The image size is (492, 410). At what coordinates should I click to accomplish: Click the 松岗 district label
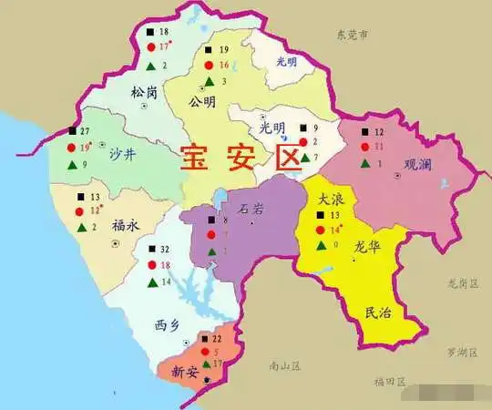pos(144,92)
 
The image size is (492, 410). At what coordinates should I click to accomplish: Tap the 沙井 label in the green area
pos(122,156)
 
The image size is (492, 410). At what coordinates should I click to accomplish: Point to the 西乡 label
pos(168,324)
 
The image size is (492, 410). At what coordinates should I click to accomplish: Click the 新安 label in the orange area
pos(185,371)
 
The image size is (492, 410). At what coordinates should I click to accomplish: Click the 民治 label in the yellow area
pos(377,313)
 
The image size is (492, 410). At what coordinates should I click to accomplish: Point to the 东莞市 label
pos(351,36)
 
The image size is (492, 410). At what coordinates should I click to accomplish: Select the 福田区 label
pos(389,381)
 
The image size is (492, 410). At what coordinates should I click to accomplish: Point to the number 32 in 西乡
pos(165,249)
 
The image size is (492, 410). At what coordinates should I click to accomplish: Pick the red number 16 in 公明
pos(224,66)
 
